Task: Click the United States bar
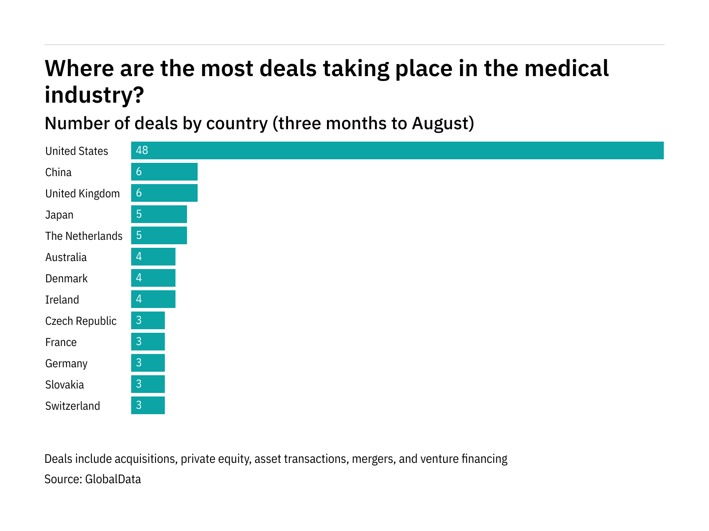click(397, 150)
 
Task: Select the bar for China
click(164, 172)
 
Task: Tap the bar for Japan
click(159, 214)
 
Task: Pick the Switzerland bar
click(148, 405)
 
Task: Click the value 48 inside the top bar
click(142, 150)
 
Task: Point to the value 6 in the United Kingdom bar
click(139, 193)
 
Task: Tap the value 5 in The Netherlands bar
click(139, 235)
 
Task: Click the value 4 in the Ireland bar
click(139, 299)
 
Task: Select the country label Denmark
click(66, 278)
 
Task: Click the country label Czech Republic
click(81, 321)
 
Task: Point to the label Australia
click(66, 257)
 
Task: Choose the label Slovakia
click(64, 385)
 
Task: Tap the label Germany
click(66, 363)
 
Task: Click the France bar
click(148, 342)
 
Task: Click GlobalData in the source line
click(113, 479)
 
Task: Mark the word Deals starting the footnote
click(58, 459)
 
